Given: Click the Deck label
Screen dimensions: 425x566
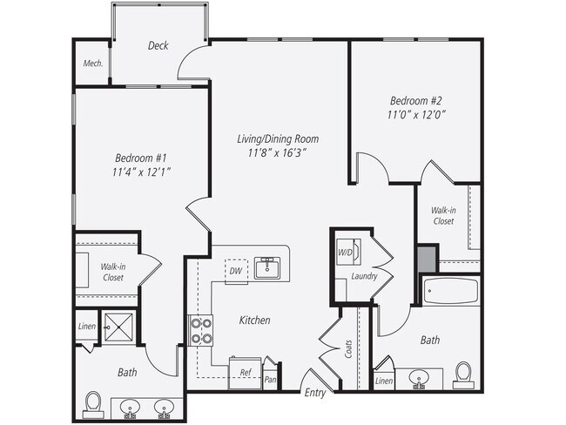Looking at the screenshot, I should [x=158, y=46].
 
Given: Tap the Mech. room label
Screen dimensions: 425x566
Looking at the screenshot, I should [x=92, y=64].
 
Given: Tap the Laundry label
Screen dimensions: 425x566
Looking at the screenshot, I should [x=363, y=277].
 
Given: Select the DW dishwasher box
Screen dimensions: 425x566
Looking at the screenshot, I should [x=235, y=271].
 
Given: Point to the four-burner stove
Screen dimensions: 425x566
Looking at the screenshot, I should [x=201, y=328].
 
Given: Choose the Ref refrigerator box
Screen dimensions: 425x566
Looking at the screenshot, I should [x=246, y=371].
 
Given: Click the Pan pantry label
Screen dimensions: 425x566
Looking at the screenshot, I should [x=271, y=379].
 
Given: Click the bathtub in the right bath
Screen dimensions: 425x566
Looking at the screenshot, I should [x=450, y=290].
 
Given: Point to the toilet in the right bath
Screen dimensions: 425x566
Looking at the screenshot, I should [x=462, y=374].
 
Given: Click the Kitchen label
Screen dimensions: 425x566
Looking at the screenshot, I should [x=254, y=320].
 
